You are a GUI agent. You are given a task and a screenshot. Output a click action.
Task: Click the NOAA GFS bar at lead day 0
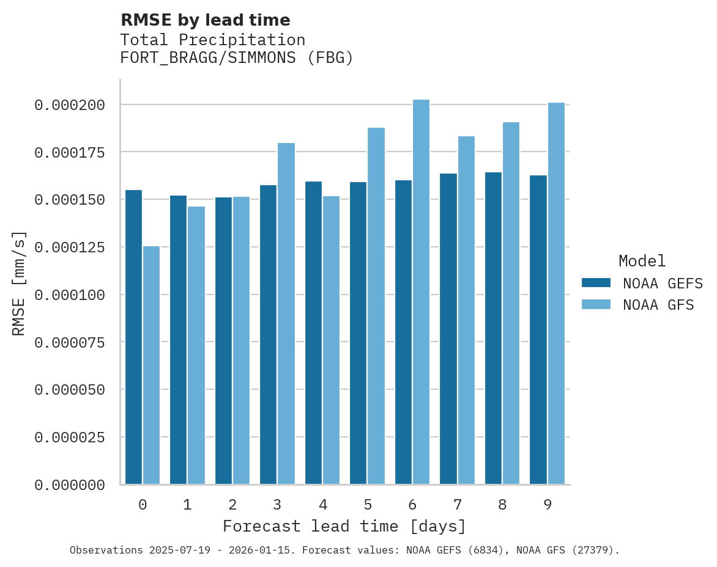pos(151,365)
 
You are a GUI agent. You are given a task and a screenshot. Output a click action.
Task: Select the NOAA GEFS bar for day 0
pos(133,337)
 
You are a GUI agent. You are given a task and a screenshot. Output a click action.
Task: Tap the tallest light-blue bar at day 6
pos(421,292)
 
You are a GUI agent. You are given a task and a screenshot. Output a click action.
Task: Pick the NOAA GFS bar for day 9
pos(556,293)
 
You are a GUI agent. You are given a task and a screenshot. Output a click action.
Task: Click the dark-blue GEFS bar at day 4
pos(313,333)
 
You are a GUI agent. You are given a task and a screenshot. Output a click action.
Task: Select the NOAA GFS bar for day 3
pos(286,313)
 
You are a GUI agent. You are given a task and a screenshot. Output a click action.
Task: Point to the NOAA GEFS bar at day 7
pos(448,329)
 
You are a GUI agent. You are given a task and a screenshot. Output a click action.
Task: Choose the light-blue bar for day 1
pos(196,345)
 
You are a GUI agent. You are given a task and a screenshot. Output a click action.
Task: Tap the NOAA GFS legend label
pos(658,305)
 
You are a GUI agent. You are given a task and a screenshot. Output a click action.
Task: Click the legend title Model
pos(642,262)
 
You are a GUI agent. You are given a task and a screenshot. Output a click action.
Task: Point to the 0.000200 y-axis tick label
pos(70,105)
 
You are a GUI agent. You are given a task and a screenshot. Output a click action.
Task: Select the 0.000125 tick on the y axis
pos(70,247)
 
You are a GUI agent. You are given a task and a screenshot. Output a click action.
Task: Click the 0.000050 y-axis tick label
pos(70,390)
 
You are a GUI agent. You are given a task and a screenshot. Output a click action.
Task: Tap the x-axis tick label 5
pos(367,505)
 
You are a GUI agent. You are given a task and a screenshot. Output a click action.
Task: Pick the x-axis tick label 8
pos(502,505)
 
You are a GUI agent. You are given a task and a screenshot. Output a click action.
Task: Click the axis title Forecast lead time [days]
pos(344,526)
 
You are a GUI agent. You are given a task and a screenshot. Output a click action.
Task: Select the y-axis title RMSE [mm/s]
pos(20,283)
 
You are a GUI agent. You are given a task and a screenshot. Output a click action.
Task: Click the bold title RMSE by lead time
pos(205,20)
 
